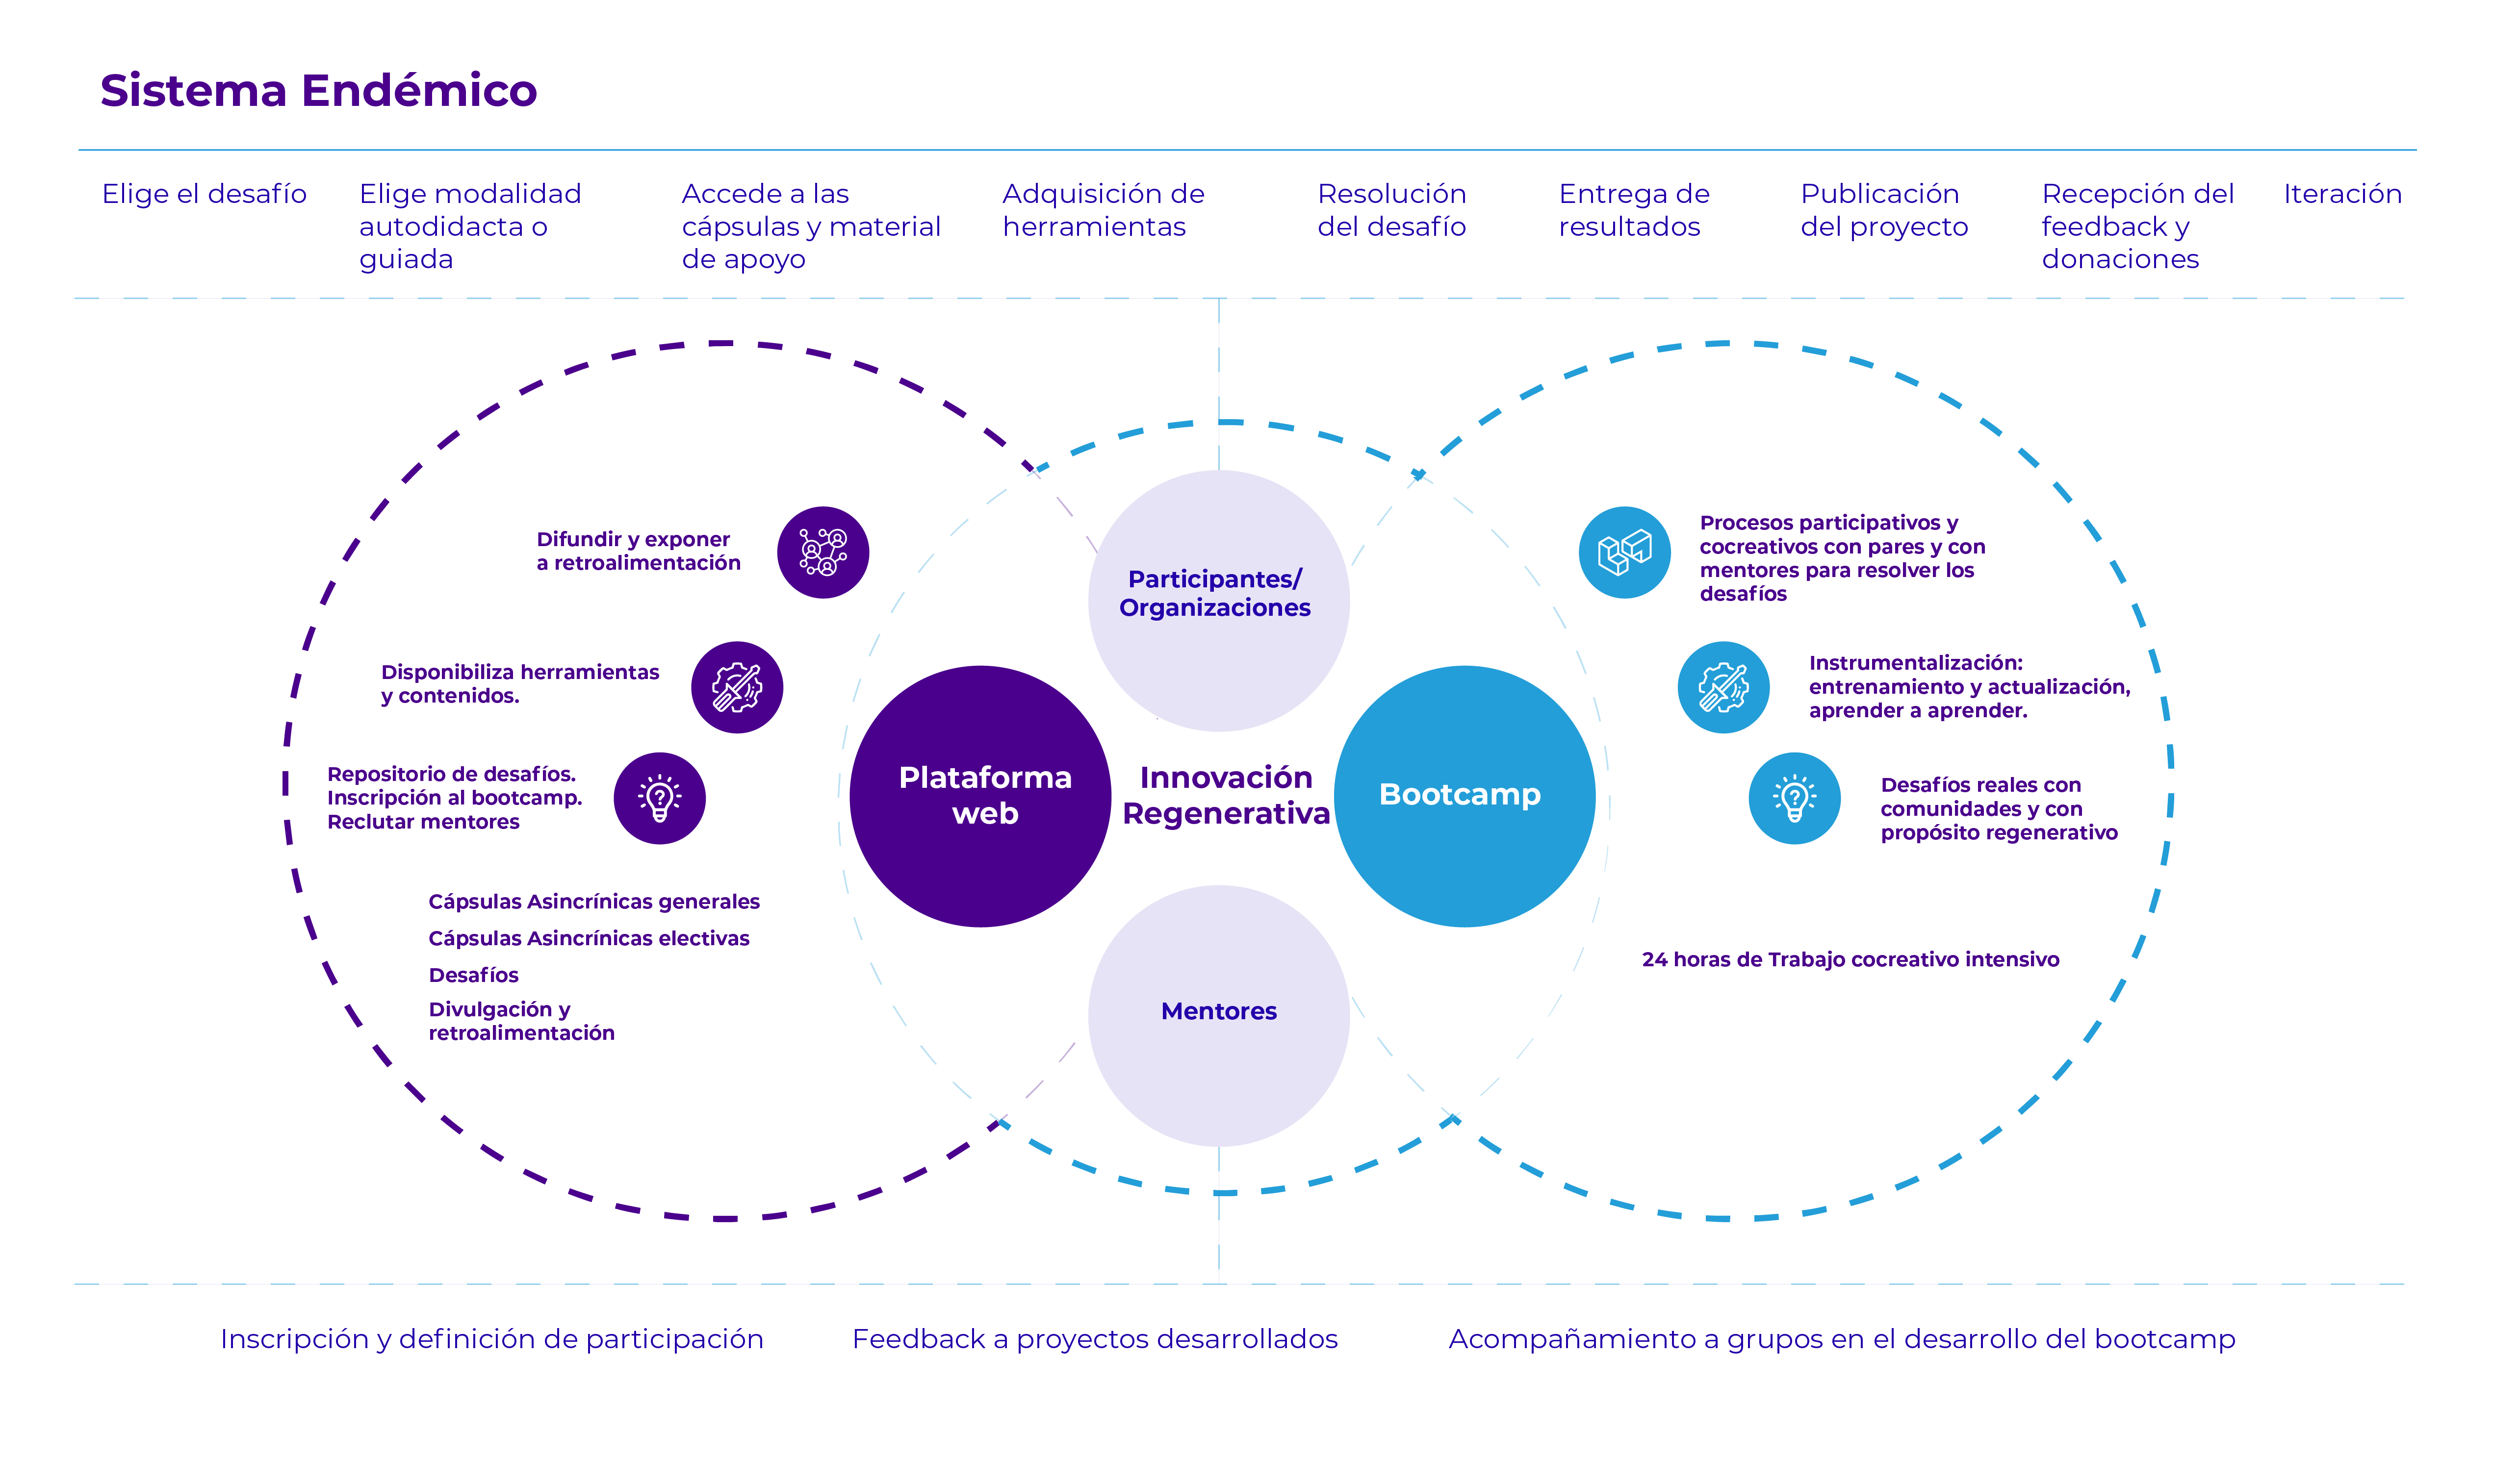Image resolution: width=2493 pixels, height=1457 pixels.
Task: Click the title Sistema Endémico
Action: [x=318, y=90]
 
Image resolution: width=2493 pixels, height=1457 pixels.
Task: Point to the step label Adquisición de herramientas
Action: [x=1103, y=210]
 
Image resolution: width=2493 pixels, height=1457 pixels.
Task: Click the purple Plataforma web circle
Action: [x=980, y=796]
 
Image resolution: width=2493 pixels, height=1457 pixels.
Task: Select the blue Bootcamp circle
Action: [x=1464, y=796]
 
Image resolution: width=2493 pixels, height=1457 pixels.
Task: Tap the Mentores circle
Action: [x=1219, y=1016]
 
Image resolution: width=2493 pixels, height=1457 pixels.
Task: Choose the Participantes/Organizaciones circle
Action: [x=1219, y=601]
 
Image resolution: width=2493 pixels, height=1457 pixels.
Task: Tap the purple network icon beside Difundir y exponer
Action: [x=823, y=552]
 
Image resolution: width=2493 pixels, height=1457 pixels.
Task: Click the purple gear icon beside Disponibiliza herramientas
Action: [x=737, y=687]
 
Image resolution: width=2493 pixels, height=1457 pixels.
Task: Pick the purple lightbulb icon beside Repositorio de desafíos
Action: [x=660, y=798]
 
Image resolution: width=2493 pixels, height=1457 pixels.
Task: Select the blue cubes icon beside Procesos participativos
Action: [x=1624, y=552]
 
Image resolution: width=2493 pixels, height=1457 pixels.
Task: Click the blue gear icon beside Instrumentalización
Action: [x=1723, y=687]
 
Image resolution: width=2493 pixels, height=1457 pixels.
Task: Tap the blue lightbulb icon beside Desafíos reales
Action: [x=1795, y=798]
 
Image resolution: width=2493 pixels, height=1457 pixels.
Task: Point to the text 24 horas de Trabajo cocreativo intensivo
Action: [x=1850, y=959]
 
